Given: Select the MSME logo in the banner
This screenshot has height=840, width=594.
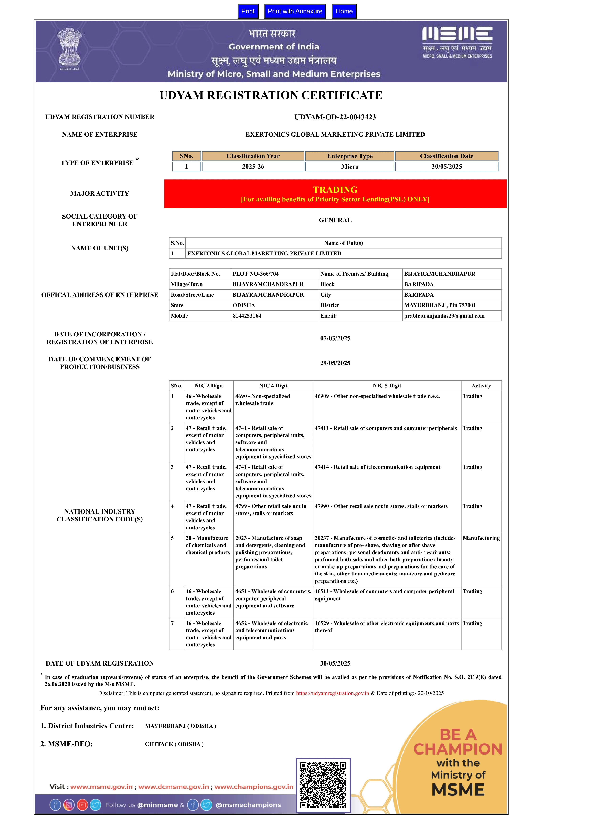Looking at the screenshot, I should (x=457, y=42).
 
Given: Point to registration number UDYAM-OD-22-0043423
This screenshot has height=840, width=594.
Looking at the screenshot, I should (x=335, y=117).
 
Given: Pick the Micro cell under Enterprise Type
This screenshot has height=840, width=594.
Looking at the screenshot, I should (x=349, y=167).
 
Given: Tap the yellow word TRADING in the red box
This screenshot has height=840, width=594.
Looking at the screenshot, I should (x=335, y=190).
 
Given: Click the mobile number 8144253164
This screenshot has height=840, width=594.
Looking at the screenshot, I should (x=247, y=316).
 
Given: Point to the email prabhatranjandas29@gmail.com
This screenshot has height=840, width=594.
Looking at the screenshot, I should (x=444, y=316).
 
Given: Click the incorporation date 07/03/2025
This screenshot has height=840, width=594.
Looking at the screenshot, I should (x=335, y=338).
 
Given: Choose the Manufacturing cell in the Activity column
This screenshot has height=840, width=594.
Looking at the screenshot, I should (x=481, y=538).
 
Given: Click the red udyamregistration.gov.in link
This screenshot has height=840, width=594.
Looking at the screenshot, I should (x=332, y=693).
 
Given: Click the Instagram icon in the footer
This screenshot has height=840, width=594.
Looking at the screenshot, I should (x=69, y=805).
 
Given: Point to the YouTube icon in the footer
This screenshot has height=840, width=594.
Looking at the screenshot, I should (x=82, y=805).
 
